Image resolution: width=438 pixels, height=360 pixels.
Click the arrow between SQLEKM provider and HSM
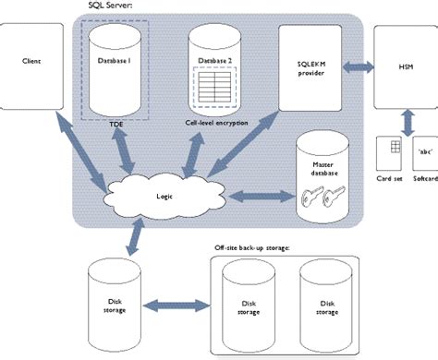coord(356,67)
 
